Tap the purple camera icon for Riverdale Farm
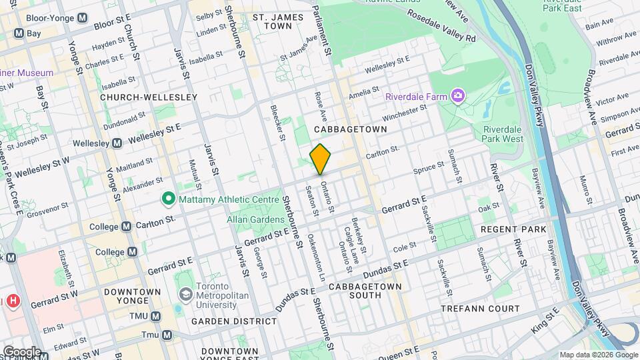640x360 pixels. tap(458, 97)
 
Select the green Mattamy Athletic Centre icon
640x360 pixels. tap(169, 199)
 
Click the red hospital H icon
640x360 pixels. tap(13, 301)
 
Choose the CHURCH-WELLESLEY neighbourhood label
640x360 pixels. tap(149, 97)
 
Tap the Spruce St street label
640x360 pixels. tap(429, 169)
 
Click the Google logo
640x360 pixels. tap(21, 351)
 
